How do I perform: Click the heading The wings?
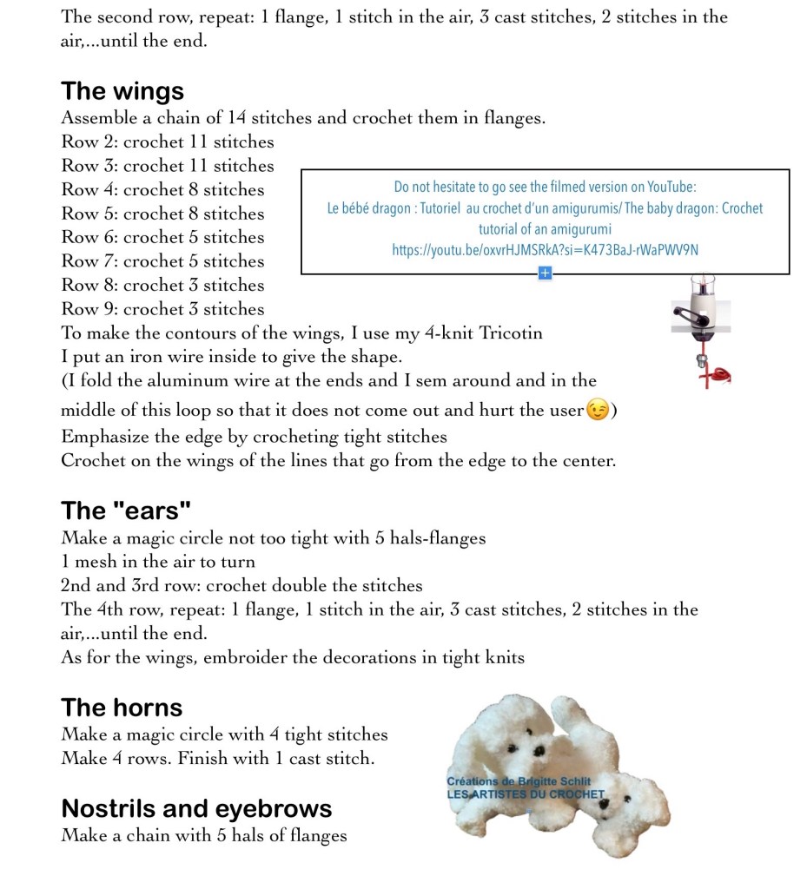[x=122, y=91]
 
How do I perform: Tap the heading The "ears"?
[x=125, y=510]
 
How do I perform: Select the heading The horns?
[x=122, y=708]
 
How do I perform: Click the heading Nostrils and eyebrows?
[x=196, y=808]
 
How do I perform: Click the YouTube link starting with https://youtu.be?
[x=545, y=251]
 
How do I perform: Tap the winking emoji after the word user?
[x=597, y=411]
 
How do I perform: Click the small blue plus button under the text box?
[x=545, y=273]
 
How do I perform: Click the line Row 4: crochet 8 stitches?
[x=162, y=189]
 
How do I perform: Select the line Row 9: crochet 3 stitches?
[x=162, y=308]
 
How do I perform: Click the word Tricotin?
[x=512, y=333]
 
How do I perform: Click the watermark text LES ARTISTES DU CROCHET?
[x=525, y=794]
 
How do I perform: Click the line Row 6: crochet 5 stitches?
[x=162, y=237]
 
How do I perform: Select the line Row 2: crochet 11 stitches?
[x=167, y=142]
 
